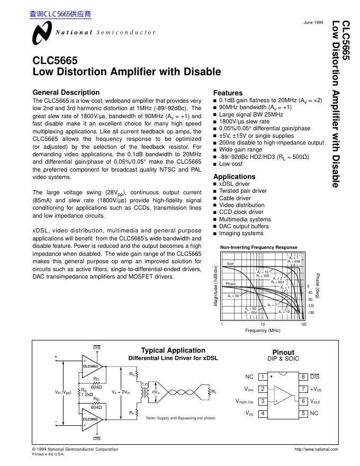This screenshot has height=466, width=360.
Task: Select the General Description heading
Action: (66, 92)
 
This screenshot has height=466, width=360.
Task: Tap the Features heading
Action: (228, 93)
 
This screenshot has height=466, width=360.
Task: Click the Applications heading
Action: (234, 176)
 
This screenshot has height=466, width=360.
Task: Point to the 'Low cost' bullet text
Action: (231, 164)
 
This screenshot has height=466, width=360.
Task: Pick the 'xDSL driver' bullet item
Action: (235, 184)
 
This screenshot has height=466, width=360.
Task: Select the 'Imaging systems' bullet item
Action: (241, 233)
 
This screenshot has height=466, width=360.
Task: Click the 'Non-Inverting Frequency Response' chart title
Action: (258, 247)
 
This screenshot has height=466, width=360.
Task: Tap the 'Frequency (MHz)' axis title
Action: (263, 330)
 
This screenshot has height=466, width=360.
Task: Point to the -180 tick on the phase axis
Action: (311, 313)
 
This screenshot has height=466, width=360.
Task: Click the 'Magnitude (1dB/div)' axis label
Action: (216, 285)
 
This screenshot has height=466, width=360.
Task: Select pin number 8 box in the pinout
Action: (303, 377)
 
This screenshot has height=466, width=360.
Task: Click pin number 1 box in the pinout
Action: (262, 377)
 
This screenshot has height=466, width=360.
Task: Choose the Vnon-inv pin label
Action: (245, 401)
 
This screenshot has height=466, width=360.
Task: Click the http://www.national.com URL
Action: (316, 450)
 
